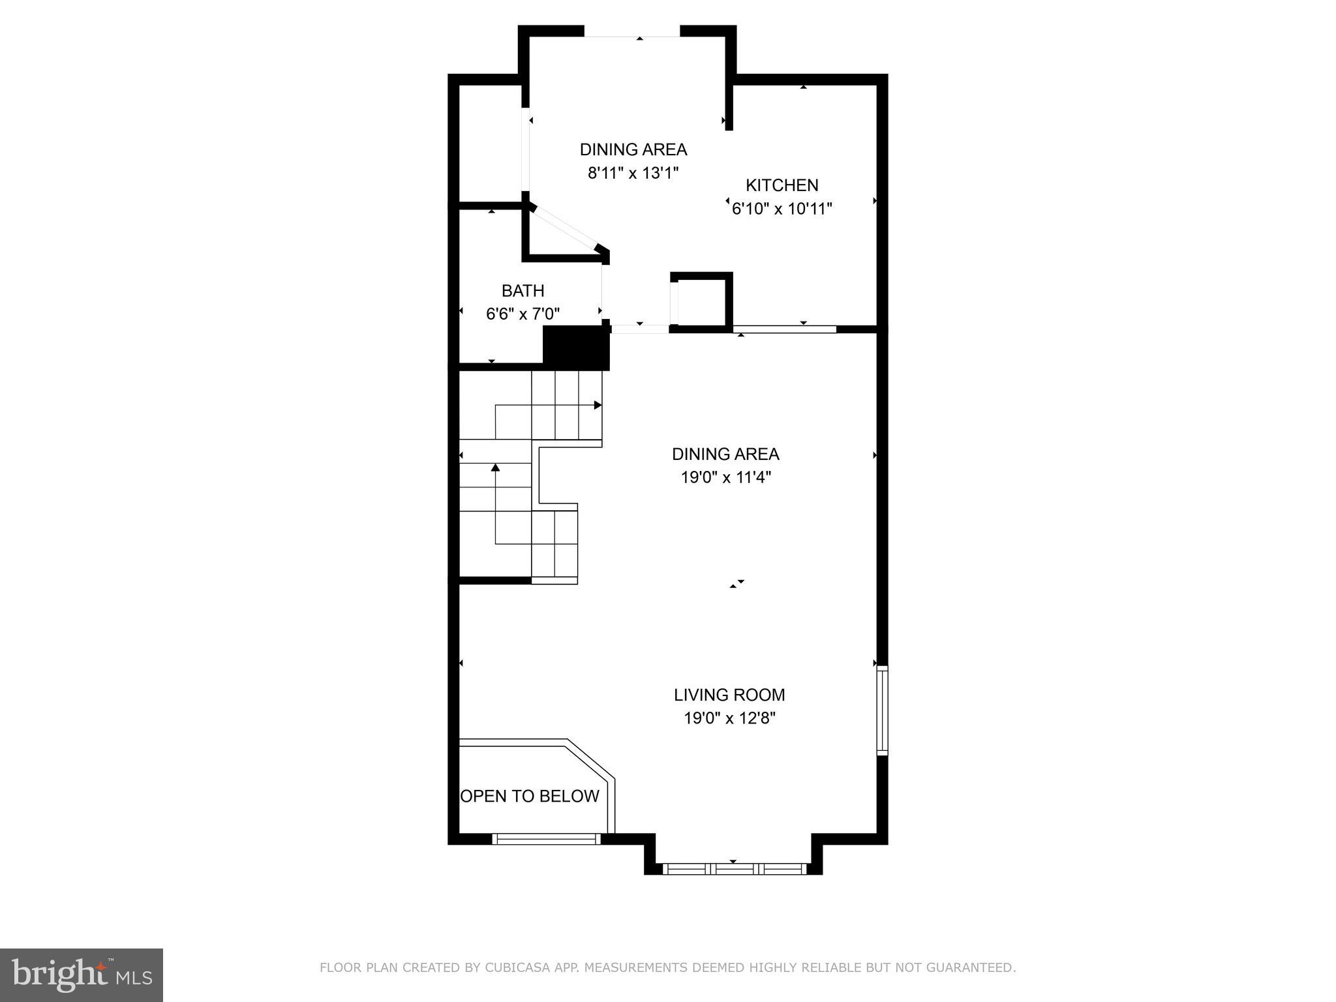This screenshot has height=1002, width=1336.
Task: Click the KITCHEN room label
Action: pyautogui.click(x=782, y=185)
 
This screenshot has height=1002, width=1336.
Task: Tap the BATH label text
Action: pyautogui.click(x=523, y=290)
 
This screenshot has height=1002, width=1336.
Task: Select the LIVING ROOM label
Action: pyautogui.click(x=729, y=695)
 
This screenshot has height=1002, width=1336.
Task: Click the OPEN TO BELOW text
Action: pyautogui.click(x=530, y=796)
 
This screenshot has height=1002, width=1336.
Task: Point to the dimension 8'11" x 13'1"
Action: pyautogui.click(x=633, y=173)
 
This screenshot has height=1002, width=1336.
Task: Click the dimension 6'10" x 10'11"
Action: pyautogui.click(x=782, y=209)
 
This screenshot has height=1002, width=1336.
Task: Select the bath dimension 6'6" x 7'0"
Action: pyautogui.click(x=523, y=314)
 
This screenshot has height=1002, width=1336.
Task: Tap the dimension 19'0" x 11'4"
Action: pyautogui.click(x=725, y=477)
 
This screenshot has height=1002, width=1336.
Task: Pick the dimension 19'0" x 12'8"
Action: pyautogui.click(x=729, y=718)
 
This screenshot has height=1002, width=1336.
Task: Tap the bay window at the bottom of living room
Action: pyautogui.click(x=733, y=869)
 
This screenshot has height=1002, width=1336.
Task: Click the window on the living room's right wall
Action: pyautogui.click(x=882, y=710)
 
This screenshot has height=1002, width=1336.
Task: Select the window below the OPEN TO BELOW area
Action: pyautogui.click(x=546, y=839)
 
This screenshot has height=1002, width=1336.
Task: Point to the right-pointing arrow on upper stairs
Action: pyautogui.click(x=598, y=405)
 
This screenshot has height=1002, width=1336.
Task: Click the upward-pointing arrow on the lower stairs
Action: pyautogui.click(x=495, y=467)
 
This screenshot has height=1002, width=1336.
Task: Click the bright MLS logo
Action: pyautogui.click(x=81, y=975)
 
